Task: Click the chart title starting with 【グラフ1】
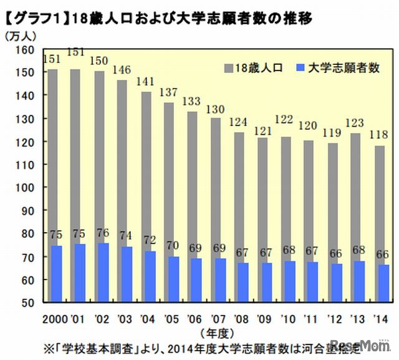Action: pyautogui.click(x=159, y=17)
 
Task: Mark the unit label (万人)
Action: pyautogui.click(x=18, y=37)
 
